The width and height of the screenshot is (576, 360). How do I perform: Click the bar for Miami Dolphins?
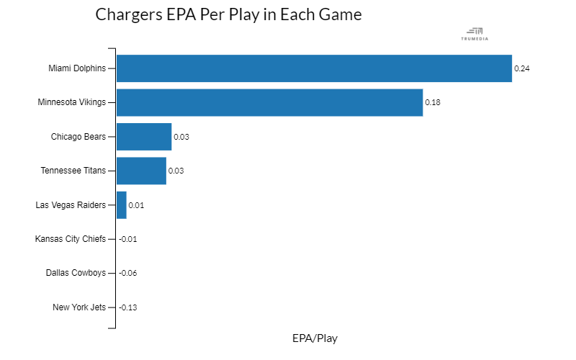coord(314,68)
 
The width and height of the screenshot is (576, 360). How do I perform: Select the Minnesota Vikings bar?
coord(269,102)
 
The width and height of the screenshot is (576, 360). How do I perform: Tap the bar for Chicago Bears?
coord(144,137)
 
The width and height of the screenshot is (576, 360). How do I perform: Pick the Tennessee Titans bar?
coord(141,171)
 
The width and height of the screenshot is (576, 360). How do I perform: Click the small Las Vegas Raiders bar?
coord(122,205)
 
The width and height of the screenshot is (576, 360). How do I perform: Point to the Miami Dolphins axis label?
coord(77,68)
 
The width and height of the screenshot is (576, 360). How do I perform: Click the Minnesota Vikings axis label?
coord(71,102)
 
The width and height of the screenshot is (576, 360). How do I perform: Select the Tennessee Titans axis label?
coord(73,171)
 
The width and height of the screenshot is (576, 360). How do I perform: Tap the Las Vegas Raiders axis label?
coord(71,205)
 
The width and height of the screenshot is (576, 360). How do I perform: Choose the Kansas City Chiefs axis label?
coord(71,239)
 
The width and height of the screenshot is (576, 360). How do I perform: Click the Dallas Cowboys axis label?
coord(76,273)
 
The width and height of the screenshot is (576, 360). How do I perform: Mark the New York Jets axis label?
coord(79,307)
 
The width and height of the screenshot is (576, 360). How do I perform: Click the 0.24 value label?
coord(521,68)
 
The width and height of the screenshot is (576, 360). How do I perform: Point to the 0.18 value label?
coord(433,102)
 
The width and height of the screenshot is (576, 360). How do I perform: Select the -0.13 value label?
coord(128,307)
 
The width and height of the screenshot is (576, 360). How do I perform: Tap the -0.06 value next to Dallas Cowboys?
coord(128,273)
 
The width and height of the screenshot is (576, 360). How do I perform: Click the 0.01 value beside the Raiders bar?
coord(136,205)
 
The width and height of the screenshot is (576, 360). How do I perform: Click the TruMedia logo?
coord(474,34)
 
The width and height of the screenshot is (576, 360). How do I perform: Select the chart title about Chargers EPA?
coord(228,14)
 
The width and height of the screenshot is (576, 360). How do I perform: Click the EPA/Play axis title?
coord(315,338)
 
